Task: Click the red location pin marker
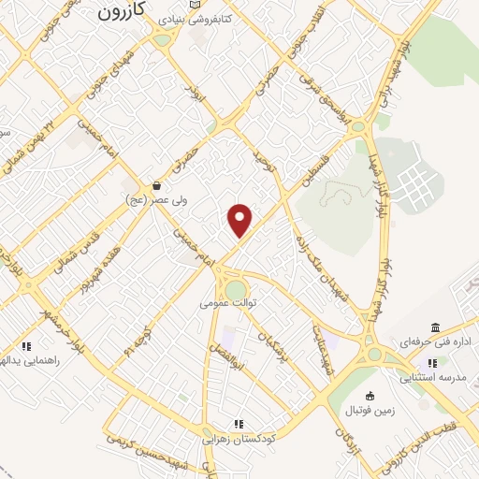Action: pyautogui.click(x=240, y=220)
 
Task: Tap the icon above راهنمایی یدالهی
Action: pyautogui.click(x=28, y=345)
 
